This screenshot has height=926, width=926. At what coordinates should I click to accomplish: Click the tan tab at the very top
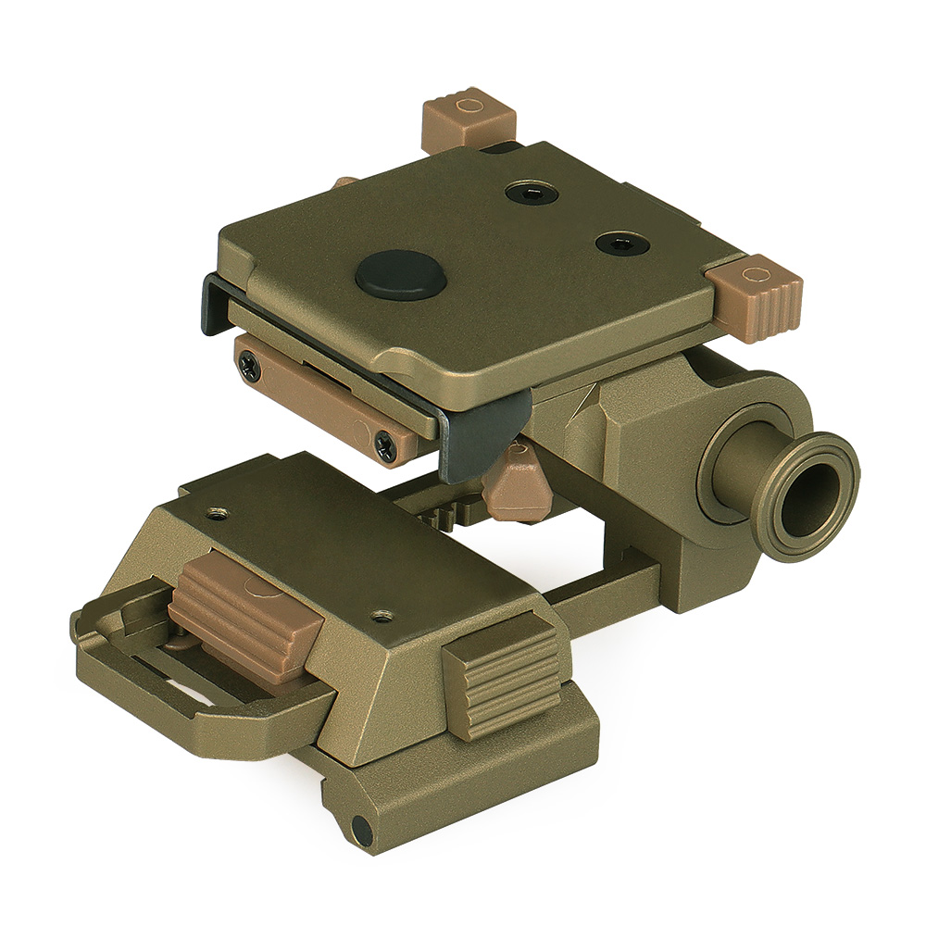[x=468, y=118]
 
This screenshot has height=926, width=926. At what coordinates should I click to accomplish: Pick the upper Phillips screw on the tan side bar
[x=250, y=368]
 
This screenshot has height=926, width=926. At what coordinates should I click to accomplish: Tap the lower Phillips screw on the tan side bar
[x=385, y=446]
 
